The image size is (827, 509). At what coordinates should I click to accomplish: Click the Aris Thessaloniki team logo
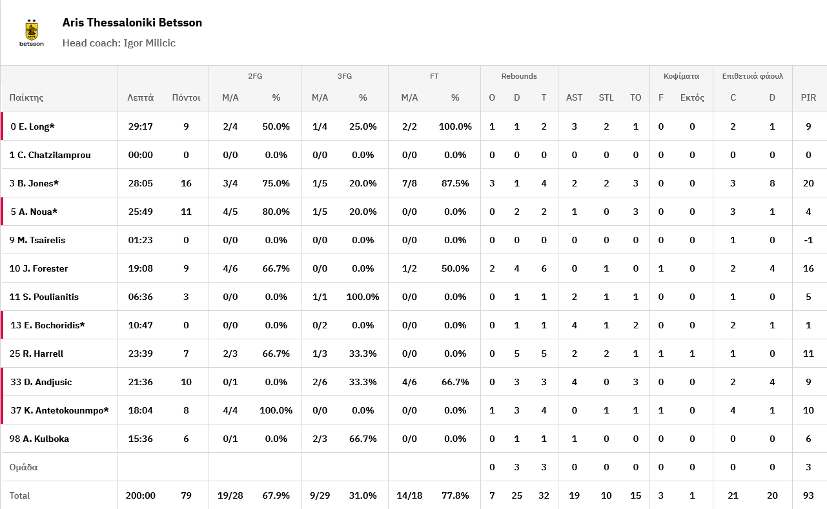tap(32, 32)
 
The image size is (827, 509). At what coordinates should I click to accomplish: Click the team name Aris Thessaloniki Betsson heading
tap(132, 23)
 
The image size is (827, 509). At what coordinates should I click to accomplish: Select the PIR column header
tap(808, 98)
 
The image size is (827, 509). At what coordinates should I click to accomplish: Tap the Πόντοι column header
tap(186, 98)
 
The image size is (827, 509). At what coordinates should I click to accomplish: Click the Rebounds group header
tap(519, 76)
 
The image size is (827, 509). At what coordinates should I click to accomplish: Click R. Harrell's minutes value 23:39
tap(141, 354)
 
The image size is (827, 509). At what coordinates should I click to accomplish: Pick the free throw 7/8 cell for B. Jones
tap(409, 183)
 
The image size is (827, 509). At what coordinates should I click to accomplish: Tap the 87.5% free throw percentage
tap(455, 183)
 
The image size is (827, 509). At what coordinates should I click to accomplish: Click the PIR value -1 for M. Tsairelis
tap(808, 240)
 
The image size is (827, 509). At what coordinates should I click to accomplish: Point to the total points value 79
tap(186, 495)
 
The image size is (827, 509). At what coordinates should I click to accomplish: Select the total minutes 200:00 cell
tap(141, 495)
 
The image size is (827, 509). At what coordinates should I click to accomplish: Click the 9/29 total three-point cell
tap(320, 495)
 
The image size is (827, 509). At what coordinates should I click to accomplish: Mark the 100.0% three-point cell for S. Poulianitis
tap(363, 297)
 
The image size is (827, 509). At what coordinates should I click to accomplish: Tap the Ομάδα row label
tap(23, 467)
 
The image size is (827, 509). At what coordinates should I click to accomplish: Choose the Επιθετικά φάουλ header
tap(752, 76)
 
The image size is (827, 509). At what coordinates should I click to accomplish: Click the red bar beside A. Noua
tap(2, 212)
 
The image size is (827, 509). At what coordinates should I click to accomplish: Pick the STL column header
tap(606, 98)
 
